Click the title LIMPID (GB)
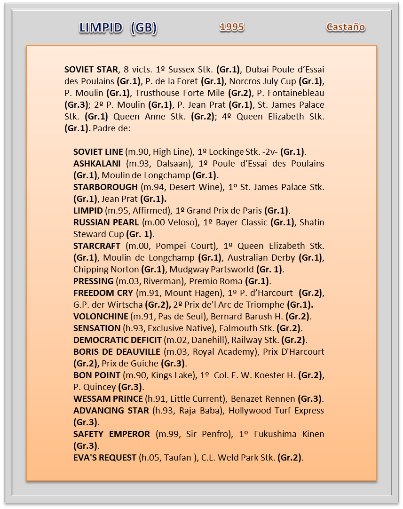[118, 28]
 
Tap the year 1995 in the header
[232, 27]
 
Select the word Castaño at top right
[346, 27]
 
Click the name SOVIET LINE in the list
[98, 152]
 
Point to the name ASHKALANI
[97, 164]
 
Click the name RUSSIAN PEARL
[106, 223]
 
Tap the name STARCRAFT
[97, 246]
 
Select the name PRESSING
[93, 281]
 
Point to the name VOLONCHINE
[101, 317]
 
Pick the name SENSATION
[97, 328]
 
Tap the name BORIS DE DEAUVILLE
[116, 352]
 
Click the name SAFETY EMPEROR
[111, 434]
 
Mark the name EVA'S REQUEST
[105, 458]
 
